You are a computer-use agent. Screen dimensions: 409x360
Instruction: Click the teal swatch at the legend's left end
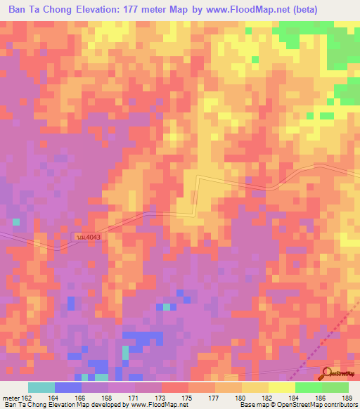[x=41, y=387]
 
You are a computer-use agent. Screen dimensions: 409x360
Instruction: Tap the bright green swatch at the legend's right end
[x=335, y=387]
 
